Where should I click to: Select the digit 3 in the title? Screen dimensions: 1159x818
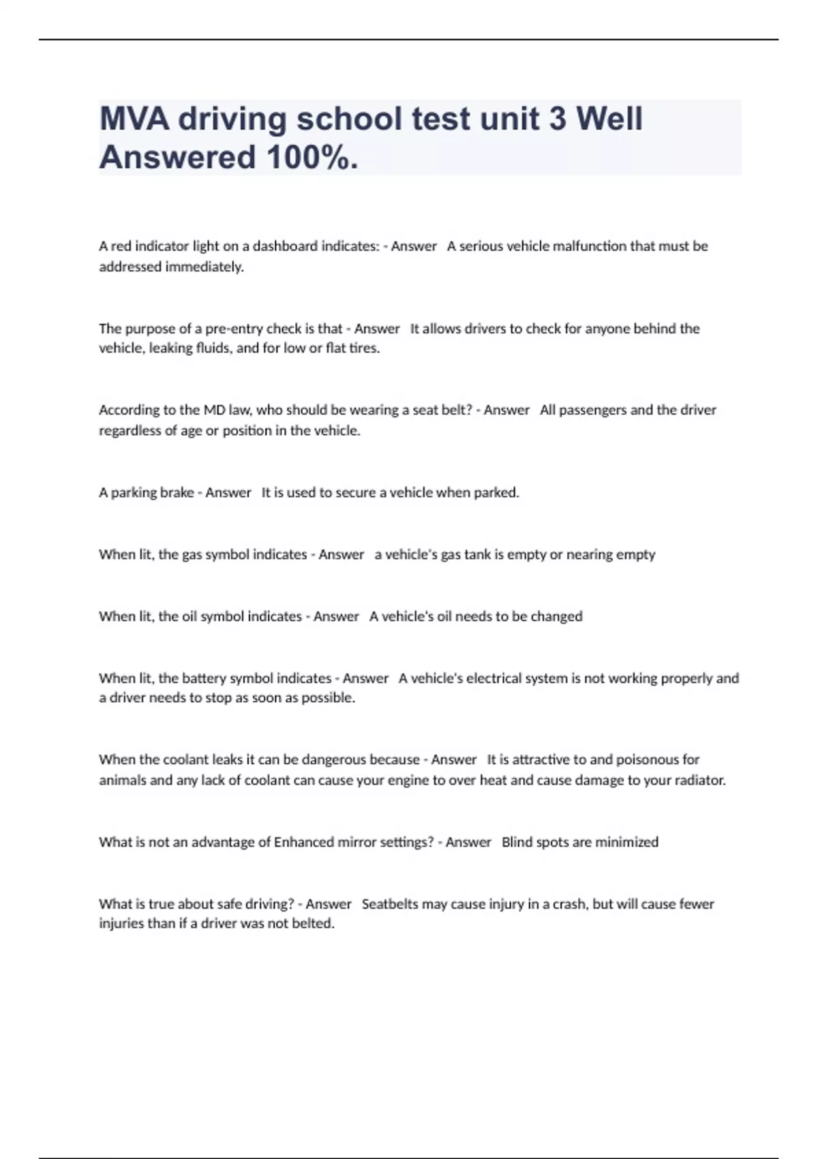(557, 119)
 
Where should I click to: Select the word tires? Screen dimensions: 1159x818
(364, 348)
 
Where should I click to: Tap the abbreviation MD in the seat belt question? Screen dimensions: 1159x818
(211, 410)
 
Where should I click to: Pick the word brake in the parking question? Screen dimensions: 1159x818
(177, 492)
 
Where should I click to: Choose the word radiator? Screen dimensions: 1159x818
(698, 780)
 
